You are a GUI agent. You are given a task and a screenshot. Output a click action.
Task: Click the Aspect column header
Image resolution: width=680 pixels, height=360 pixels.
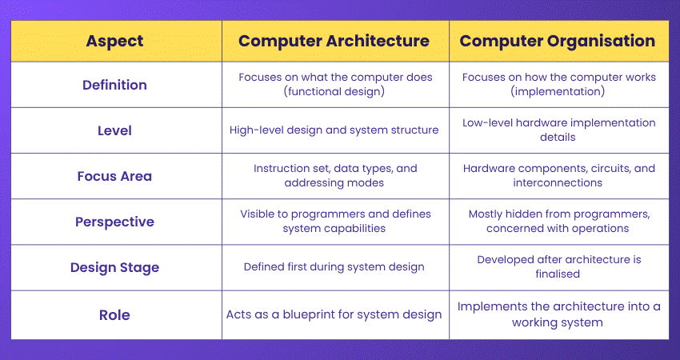tap(115, 42)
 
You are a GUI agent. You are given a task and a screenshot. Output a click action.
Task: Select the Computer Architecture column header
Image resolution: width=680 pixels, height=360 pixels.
tap(334, 42)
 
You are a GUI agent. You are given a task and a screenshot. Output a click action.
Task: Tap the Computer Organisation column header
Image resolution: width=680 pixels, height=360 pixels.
tap(559, 42)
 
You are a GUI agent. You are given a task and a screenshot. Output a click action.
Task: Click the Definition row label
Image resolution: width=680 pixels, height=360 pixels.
tap(115, 85)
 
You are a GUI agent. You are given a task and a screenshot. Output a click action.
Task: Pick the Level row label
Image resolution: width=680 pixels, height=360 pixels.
tap(115, 130)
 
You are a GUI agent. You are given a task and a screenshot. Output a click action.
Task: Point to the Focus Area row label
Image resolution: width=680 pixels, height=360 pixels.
tap(115, 176)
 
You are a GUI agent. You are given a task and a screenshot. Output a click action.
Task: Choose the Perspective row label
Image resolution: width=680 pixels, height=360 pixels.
tap(115, 222)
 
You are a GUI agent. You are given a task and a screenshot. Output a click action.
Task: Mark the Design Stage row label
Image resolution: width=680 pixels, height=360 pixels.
tap(115, 267)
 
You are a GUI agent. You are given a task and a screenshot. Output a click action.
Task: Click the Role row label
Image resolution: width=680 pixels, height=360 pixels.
tap(115, 314)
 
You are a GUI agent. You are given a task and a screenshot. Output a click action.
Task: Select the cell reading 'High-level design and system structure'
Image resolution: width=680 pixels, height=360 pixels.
tap(334, 130)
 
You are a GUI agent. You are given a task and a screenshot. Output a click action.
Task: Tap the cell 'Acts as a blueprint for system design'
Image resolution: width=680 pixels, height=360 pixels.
tap(334, 314)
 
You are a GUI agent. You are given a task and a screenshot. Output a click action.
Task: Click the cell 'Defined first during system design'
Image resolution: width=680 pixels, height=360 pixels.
tap(334, 267)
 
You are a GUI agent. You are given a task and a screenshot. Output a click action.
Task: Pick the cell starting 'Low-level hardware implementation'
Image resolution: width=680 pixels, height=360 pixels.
tap(559, 130)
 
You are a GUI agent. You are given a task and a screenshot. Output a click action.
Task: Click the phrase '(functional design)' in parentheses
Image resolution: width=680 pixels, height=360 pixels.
tap(334, 92)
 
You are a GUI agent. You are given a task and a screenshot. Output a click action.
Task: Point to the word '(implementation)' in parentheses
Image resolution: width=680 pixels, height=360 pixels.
tap(559, 92)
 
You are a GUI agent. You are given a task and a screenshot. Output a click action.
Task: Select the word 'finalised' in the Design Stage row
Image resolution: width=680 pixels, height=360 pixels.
tap(559, 274)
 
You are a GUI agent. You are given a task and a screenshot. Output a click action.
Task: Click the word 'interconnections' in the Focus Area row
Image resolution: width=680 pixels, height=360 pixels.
tap(559, 183)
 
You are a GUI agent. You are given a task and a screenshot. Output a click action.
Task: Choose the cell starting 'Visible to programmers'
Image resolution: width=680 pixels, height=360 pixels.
tap(334, 222)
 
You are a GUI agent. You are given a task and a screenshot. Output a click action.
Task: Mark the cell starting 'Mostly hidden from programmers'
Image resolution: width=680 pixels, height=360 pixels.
tap(559, 222)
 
